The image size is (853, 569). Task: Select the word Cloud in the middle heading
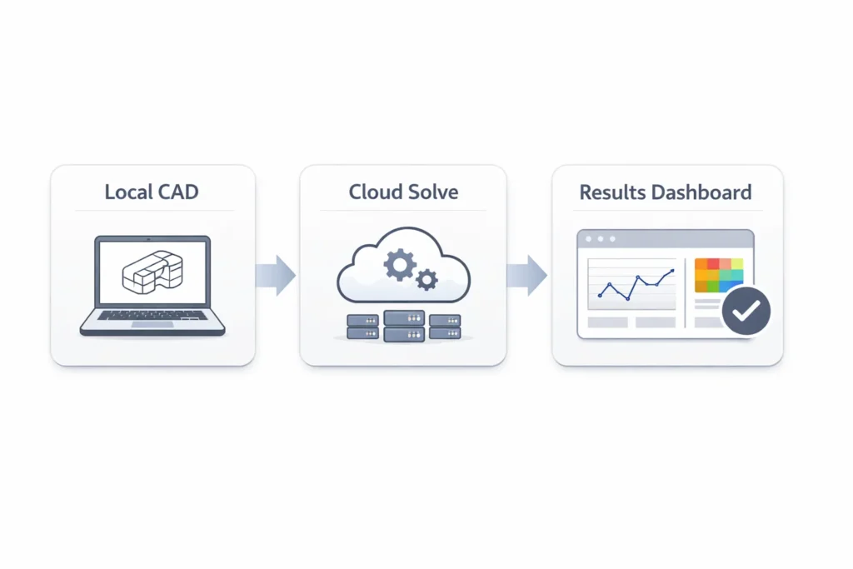(x=374, y=192)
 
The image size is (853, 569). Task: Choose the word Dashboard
(x=701, y=192)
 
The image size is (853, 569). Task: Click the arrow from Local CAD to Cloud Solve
(x=277, y=275)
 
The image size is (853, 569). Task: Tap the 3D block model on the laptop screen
(x=151, y=272)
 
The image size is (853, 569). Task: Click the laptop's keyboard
(x=152, y=316)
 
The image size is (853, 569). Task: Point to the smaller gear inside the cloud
(x=426, y=279)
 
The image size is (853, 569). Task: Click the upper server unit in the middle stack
(x=404, y=318)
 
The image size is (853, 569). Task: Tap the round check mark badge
(x=746, y=311)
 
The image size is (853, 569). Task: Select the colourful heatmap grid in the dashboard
(x=718, y=275)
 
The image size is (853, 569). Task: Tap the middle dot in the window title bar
(x=601, y=239)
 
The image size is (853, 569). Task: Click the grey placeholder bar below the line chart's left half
(x=608, y=322)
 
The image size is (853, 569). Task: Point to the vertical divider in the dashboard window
(x=685, y=292)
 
